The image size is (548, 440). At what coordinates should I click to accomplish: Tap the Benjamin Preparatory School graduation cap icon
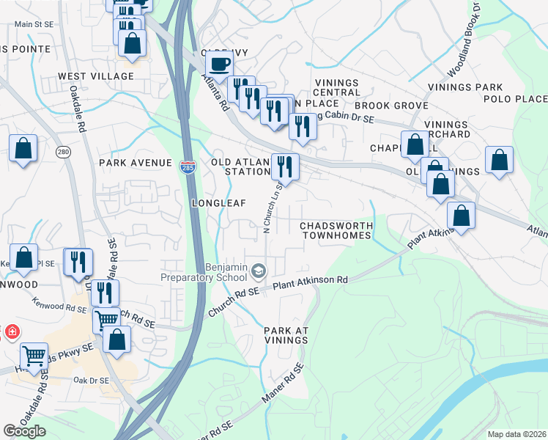click(x=258, y=272)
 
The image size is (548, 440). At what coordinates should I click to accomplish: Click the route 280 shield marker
click(x=63, y=152)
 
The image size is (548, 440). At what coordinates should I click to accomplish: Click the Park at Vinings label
click(x=286, y=337)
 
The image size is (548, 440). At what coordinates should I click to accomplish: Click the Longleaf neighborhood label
click(x=218, y=202)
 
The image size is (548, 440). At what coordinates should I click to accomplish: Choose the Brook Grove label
click(x=390, y=106)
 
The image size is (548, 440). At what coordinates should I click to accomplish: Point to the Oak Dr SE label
click(x=91, y=381)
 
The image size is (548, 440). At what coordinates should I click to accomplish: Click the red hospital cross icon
click(x=12, y=332)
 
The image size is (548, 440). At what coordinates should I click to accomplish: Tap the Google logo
click(x=24, y=431)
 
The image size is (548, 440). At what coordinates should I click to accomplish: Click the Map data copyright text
click(x=516, y=434)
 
